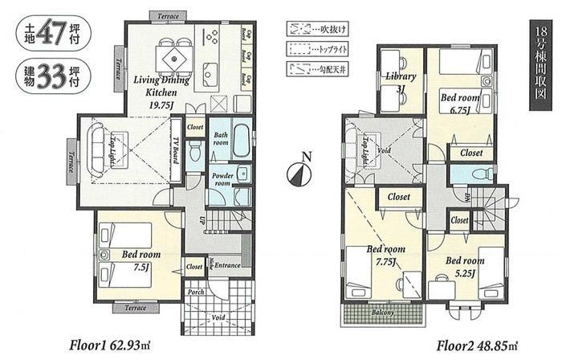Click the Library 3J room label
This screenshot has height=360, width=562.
(x=400, y=83)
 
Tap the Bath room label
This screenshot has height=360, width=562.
(x=221, y=137)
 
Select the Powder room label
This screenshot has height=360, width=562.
(x=222, y=179)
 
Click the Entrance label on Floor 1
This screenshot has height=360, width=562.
(x=228, y=265)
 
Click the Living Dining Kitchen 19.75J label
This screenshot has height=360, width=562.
(x=161, y=88)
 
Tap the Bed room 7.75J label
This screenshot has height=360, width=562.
(x=386, y=256)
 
